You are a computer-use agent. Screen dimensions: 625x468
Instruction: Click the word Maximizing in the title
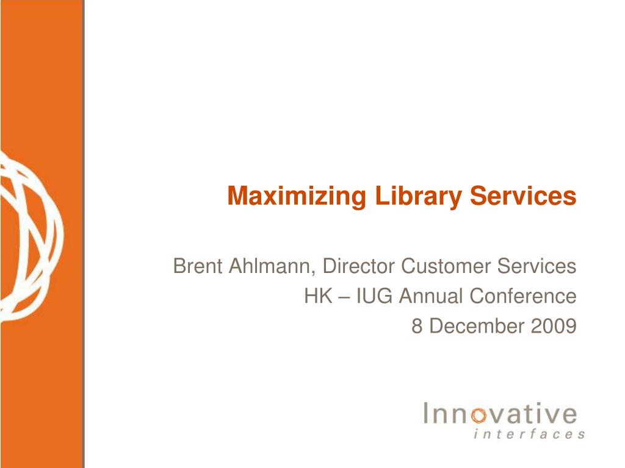coord(297,197)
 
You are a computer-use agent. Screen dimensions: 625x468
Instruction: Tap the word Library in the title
coord(418,197)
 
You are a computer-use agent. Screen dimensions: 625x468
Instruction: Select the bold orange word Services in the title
coord(523,196)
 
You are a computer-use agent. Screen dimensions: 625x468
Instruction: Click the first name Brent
coord(197,266)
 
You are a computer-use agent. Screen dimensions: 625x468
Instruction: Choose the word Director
coord(358,266)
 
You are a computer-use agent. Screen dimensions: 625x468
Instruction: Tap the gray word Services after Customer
coord(536,266)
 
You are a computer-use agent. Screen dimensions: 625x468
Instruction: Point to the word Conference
coord(523,296)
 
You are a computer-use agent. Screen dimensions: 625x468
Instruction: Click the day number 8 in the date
coord(416,326)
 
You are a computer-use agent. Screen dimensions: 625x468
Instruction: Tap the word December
coord(477,326)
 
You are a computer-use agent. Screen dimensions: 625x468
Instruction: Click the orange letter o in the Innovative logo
coord(479,416)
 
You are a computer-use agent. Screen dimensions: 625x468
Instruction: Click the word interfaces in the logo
coord(529,433)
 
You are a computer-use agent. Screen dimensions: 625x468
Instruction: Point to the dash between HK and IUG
coord(344,297)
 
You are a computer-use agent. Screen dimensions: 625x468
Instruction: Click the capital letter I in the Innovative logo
coord(426,413)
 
